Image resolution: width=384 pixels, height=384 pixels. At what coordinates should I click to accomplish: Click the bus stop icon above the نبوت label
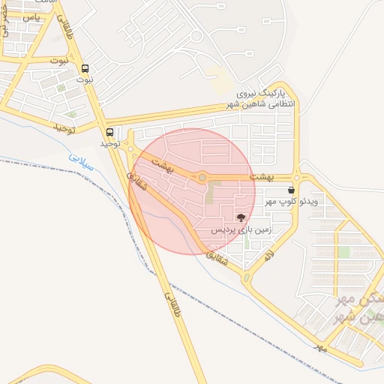pyautogui.click(x=84, y=67)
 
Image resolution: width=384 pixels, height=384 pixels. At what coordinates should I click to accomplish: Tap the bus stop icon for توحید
pyautogui.click(x=110, y=131)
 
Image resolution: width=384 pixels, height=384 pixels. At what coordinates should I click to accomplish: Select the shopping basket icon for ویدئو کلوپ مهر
pyautogui.click(x=290, y=190)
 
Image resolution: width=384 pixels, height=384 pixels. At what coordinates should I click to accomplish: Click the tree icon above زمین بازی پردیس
pyautogui.click(x=241, y=217)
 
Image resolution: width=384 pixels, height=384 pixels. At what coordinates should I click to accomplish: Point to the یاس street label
pyautogui.click(x=31, y=16)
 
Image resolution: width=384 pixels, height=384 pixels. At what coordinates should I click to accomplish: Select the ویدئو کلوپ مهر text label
pyautogui.click(x=298, y=202)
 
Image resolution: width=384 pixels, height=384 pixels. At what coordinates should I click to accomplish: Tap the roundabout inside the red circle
pyautogui.click(x=202, y=177)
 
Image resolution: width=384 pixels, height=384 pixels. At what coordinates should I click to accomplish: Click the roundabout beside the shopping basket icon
pyautogui.click(x=297, y=178)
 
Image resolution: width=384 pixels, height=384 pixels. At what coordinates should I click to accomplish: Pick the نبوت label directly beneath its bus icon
pyautogui.click(x=85, y=79)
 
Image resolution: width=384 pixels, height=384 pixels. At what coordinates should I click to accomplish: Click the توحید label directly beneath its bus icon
pyautogui.click(x=110, y=142)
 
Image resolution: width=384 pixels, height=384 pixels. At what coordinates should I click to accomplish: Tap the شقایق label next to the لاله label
pyautogui.click(x=214, y=257)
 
